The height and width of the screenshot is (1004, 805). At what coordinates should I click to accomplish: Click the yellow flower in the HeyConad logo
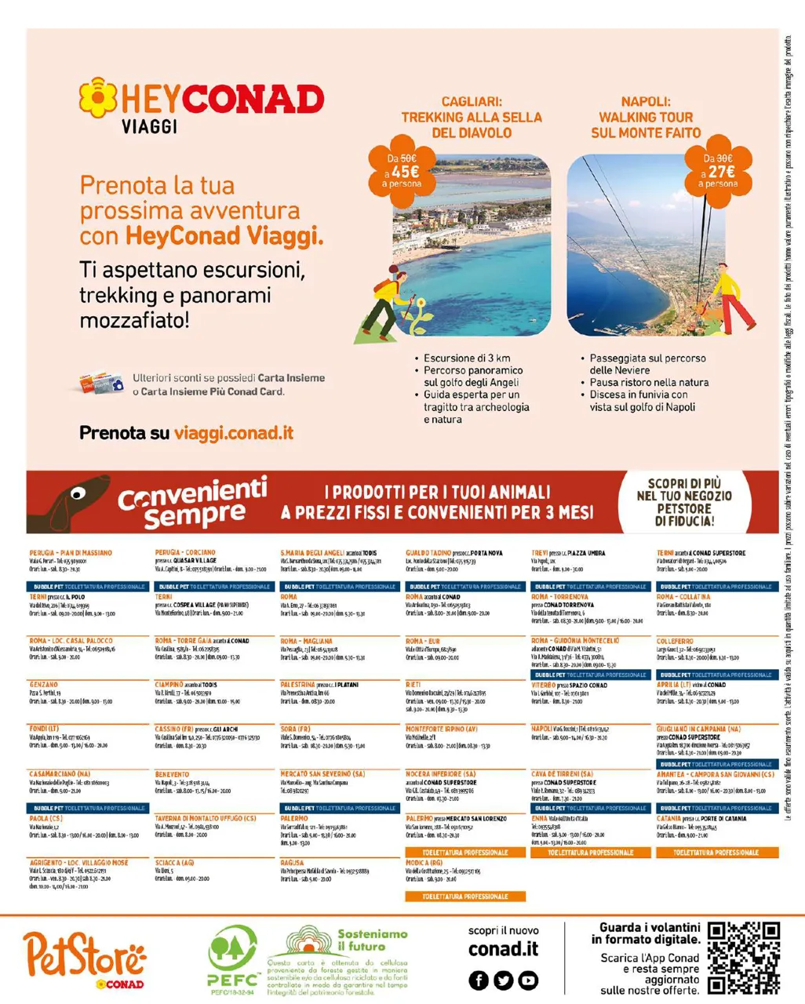pyautogui.click(x=98, y=96)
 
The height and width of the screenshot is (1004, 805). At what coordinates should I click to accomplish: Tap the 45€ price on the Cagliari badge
pyautogui.click(x=405, y=171)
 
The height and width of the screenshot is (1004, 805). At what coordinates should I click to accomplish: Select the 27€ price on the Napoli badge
pyautogui.click(x=719, y=171)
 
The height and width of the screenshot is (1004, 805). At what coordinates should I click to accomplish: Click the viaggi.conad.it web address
pyautogui.click(x=234, y=433)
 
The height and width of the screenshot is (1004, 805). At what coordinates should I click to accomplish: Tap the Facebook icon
pyautogui.click(x=479, y=980)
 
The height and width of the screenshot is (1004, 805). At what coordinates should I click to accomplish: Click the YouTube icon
pyautogui.click(x=528, y=980)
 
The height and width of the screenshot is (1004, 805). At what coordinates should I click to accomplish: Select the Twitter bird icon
pyautogui.click(x=503, y=980)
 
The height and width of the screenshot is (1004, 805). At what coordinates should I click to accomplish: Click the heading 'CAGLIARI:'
pyautogui.click(x=472, y=102)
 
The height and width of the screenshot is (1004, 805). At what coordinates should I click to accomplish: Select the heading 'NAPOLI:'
pyautogui.click(x=646, y=102)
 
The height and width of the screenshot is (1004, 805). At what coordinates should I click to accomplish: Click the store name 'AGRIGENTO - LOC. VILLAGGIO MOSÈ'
pyautogui.click(x=78, y=863)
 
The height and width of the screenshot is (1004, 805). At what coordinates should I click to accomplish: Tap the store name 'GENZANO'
pyautogui.click(x=44, y=685)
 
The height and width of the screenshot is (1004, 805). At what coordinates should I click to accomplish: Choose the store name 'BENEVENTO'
pyautogui.click(x=173, y=774)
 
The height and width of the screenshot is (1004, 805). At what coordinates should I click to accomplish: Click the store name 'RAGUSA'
pyautogui.click(x=292, y=863)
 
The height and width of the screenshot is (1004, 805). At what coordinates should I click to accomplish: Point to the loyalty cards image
pyautogui.click(x=101, y=384)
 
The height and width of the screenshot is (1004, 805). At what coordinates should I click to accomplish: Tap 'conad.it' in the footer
pyautogui.click(x=503, y=949)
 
